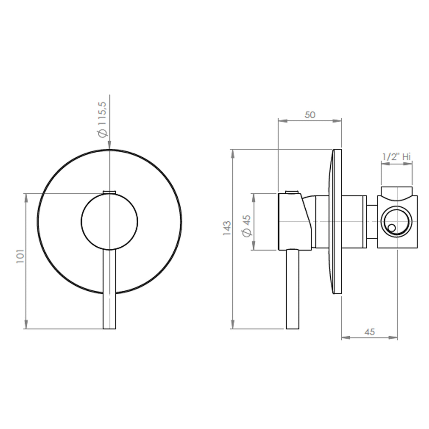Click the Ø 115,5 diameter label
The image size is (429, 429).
pyautogui.click(x=103, y=119)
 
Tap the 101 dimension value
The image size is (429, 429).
pyautogui.click(x=20, y=256)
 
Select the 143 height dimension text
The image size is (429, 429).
pyautogui.click(x=227, y=228)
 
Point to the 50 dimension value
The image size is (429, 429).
pyautogui.click(x=310, y=115)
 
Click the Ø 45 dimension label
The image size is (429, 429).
pyautogui.click(x=247, y=226)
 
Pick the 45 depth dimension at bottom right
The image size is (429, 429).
pyautogui.click(x=370, y=332)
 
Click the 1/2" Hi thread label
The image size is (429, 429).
pyautogui.click(x=396, y=157)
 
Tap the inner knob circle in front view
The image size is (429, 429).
pyautogui.click(x=109, y=222)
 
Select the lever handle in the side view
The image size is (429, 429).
pyautogui.click(x=292, y=289)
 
